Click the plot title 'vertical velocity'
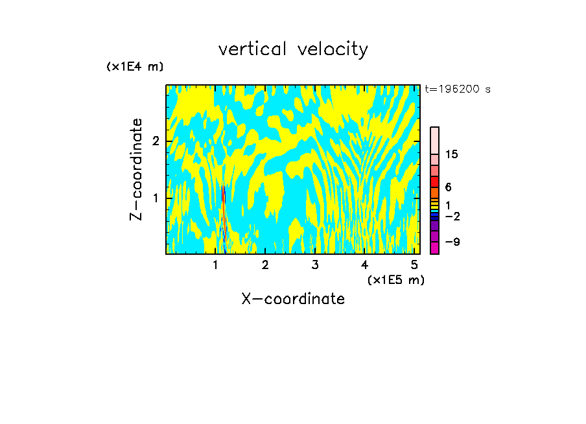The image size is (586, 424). pyautogui.click(x=293, y=49)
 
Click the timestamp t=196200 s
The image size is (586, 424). pyautogui.click(x=458, y=89)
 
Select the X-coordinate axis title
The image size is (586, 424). pyautogui.click(x=293, y=299)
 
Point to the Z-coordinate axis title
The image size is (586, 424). pyautogui.click(x=136, y=169)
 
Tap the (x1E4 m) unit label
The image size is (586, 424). pyautogui.click(x=135, y=67)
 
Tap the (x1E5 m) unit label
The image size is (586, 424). pyautogui.click(x=395, y=279)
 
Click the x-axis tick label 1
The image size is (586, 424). pyautogui.click(x=215, y=265)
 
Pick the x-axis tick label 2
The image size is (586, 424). pyautogui.click(x=265, y=265)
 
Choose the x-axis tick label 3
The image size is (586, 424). pyautogui.click(x=314, y=265)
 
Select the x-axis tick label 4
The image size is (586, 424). pyautogui.click(x=364, y=265)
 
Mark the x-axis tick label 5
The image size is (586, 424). pyautogui.click(x=414, y=265)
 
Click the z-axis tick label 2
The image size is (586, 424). pyautogui.click(x=155, y=141)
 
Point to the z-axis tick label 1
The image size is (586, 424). pyautogui.click(x=155, y=197)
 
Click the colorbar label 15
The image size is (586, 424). pyautogui.click(x=452, y=154)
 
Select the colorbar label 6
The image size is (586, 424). pyautogui.click(x=448, y=187)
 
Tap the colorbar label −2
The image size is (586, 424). pyautogui.click(x=452, y=216)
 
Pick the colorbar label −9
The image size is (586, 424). pyautogui.click(x=452, y=242)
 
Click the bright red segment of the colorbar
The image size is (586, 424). pyautogui.click(x=434, y=182)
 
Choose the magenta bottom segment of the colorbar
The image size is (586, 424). pyautogui.click(x=434, y=248)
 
